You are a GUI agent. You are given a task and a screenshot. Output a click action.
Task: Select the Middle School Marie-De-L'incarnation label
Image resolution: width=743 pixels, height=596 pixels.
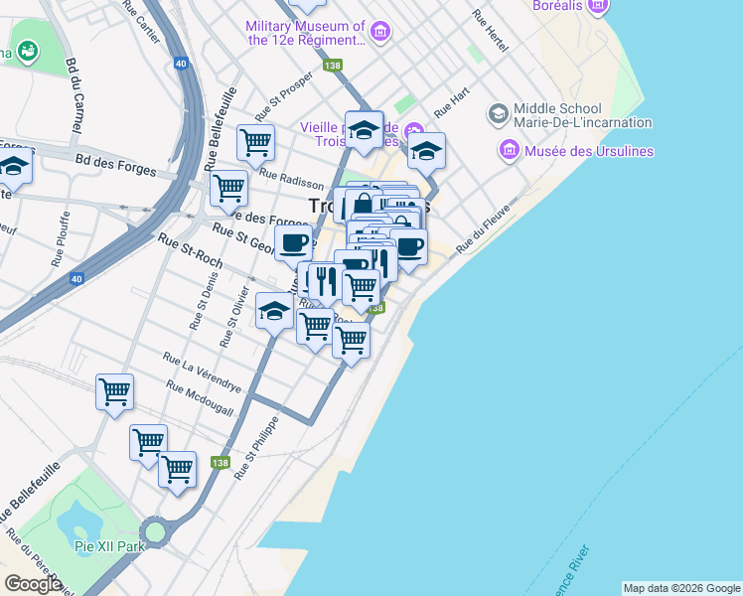coord(582,115)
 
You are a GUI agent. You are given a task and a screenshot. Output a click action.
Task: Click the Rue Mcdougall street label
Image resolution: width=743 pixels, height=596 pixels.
coord(200,398)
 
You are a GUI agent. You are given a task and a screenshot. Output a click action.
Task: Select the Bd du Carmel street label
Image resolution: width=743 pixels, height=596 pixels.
coord(72,95)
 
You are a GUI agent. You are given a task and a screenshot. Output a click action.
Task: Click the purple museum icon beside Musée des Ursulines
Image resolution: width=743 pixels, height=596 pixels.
coord(511,151)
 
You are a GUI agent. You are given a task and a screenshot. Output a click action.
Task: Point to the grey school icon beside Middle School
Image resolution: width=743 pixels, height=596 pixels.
coord(497,114)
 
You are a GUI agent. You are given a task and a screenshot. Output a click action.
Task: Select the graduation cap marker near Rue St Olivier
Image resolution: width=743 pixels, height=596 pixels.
coord(275,311)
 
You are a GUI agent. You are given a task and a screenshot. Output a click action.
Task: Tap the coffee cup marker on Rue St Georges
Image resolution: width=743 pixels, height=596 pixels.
coord(292,242)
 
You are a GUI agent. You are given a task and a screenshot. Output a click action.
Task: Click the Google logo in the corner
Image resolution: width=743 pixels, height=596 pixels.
coord(33,584)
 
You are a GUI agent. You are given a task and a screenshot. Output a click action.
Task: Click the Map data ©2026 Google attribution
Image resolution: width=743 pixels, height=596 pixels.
coord(680,588)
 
